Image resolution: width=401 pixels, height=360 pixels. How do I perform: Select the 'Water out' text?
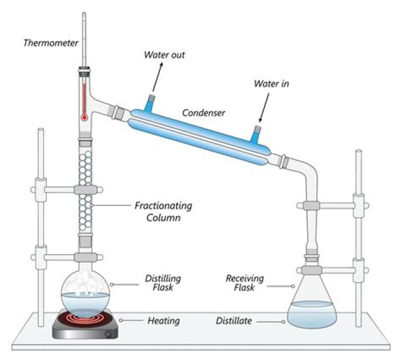click(x=164, y=55)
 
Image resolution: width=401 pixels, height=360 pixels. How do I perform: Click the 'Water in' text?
click(x=271, y=84)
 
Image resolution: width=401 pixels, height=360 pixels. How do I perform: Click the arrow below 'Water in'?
click(x=263, y=109)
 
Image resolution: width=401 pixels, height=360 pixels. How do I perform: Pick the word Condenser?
click(x=203, y=113)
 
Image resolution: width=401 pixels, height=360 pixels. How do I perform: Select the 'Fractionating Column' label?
click(x=163, y=212)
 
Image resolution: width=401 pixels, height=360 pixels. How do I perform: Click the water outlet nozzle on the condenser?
click(x=150, y=101)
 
